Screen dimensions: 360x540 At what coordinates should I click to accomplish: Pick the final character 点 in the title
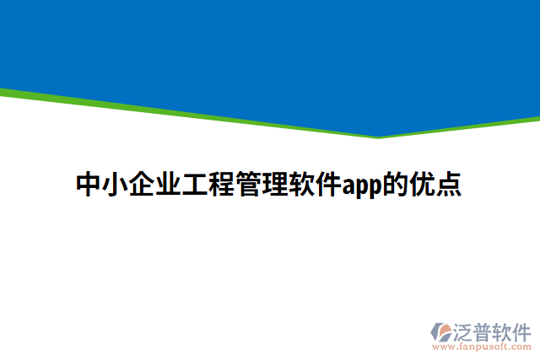click(448, 184)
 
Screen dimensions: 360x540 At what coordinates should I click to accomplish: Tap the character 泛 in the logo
click(466, 330)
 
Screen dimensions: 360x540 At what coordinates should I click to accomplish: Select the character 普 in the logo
click(487, 330)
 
